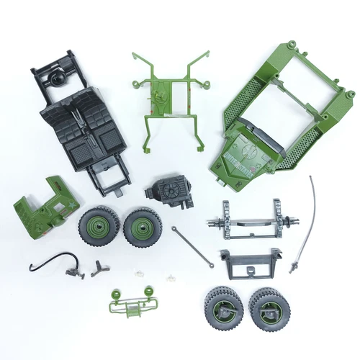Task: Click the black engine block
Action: point(166,193)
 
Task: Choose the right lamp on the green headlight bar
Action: point(148,292)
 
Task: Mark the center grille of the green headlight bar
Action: point(132,308)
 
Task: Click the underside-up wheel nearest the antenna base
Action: point(268,305)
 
